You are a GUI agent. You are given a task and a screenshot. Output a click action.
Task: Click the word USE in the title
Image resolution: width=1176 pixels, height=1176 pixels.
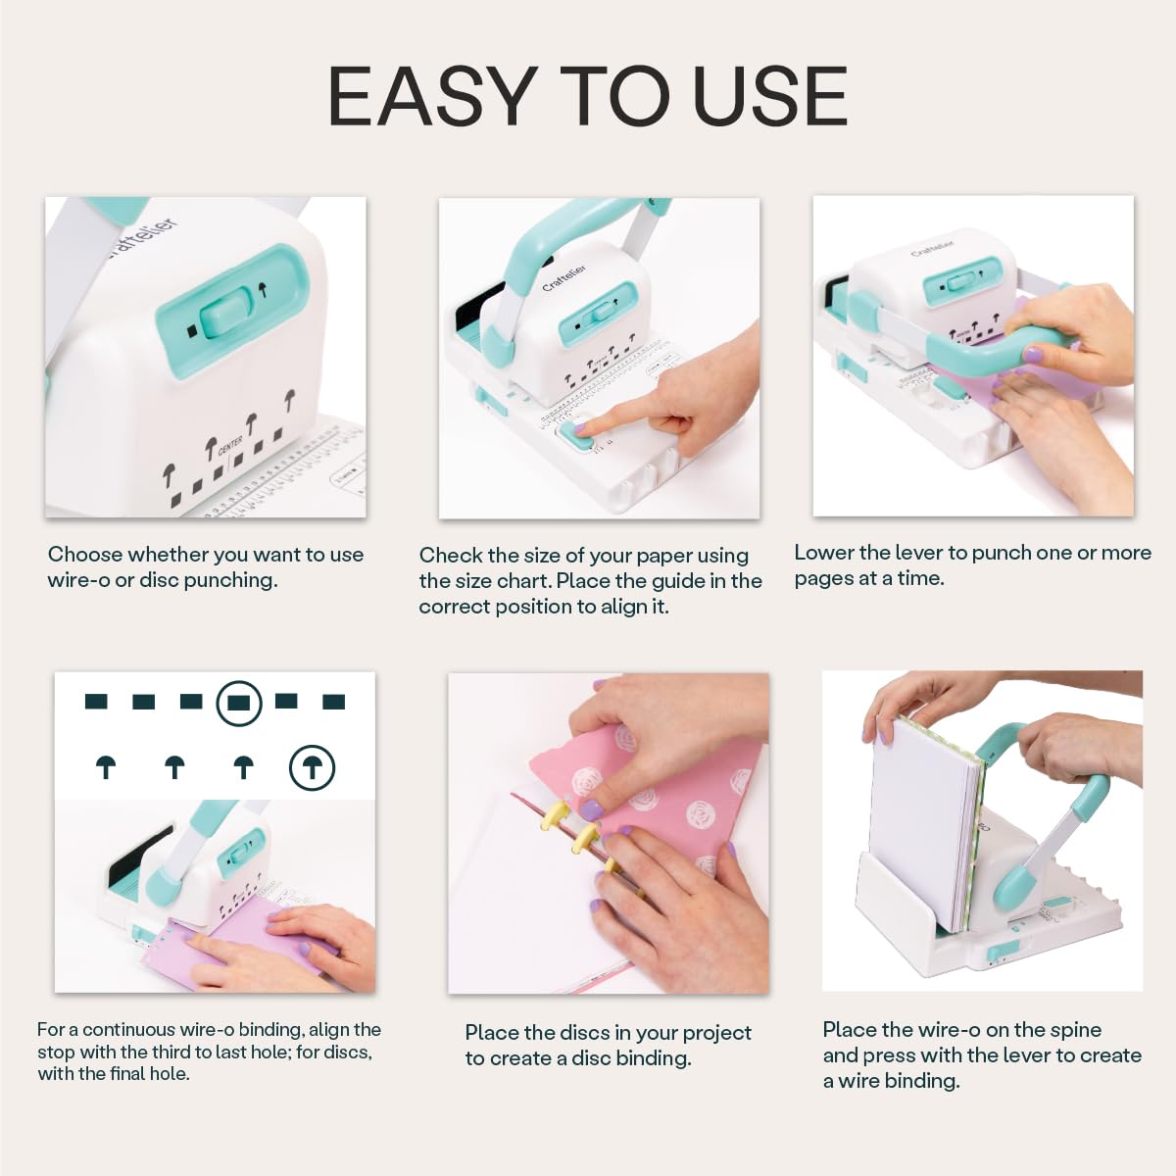769,96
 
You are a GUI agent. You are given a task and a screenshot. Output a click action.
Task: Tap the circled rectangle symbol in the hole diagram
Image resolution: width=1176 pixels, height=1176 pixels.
238,702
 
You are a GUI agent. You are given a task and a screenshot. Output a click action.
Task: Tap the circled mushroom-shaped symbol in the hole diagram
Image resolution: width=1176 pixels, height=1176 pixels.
312,767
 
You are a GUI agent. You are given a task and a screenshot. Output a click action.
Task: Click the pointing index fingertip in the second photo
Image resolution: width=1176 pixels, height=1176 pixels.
584,426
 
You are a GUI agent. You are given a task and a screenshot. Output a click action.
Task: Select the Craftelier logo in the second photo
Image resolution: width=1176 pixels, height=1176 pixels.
564,276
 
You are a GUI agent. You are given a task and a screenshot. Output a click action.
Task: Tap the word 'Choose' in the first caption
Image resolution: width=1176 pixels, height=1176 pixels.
85,555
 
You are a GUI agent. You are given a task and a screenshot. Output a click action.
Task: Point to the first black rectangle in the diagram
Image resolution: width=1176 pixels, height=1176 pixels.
96,701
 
